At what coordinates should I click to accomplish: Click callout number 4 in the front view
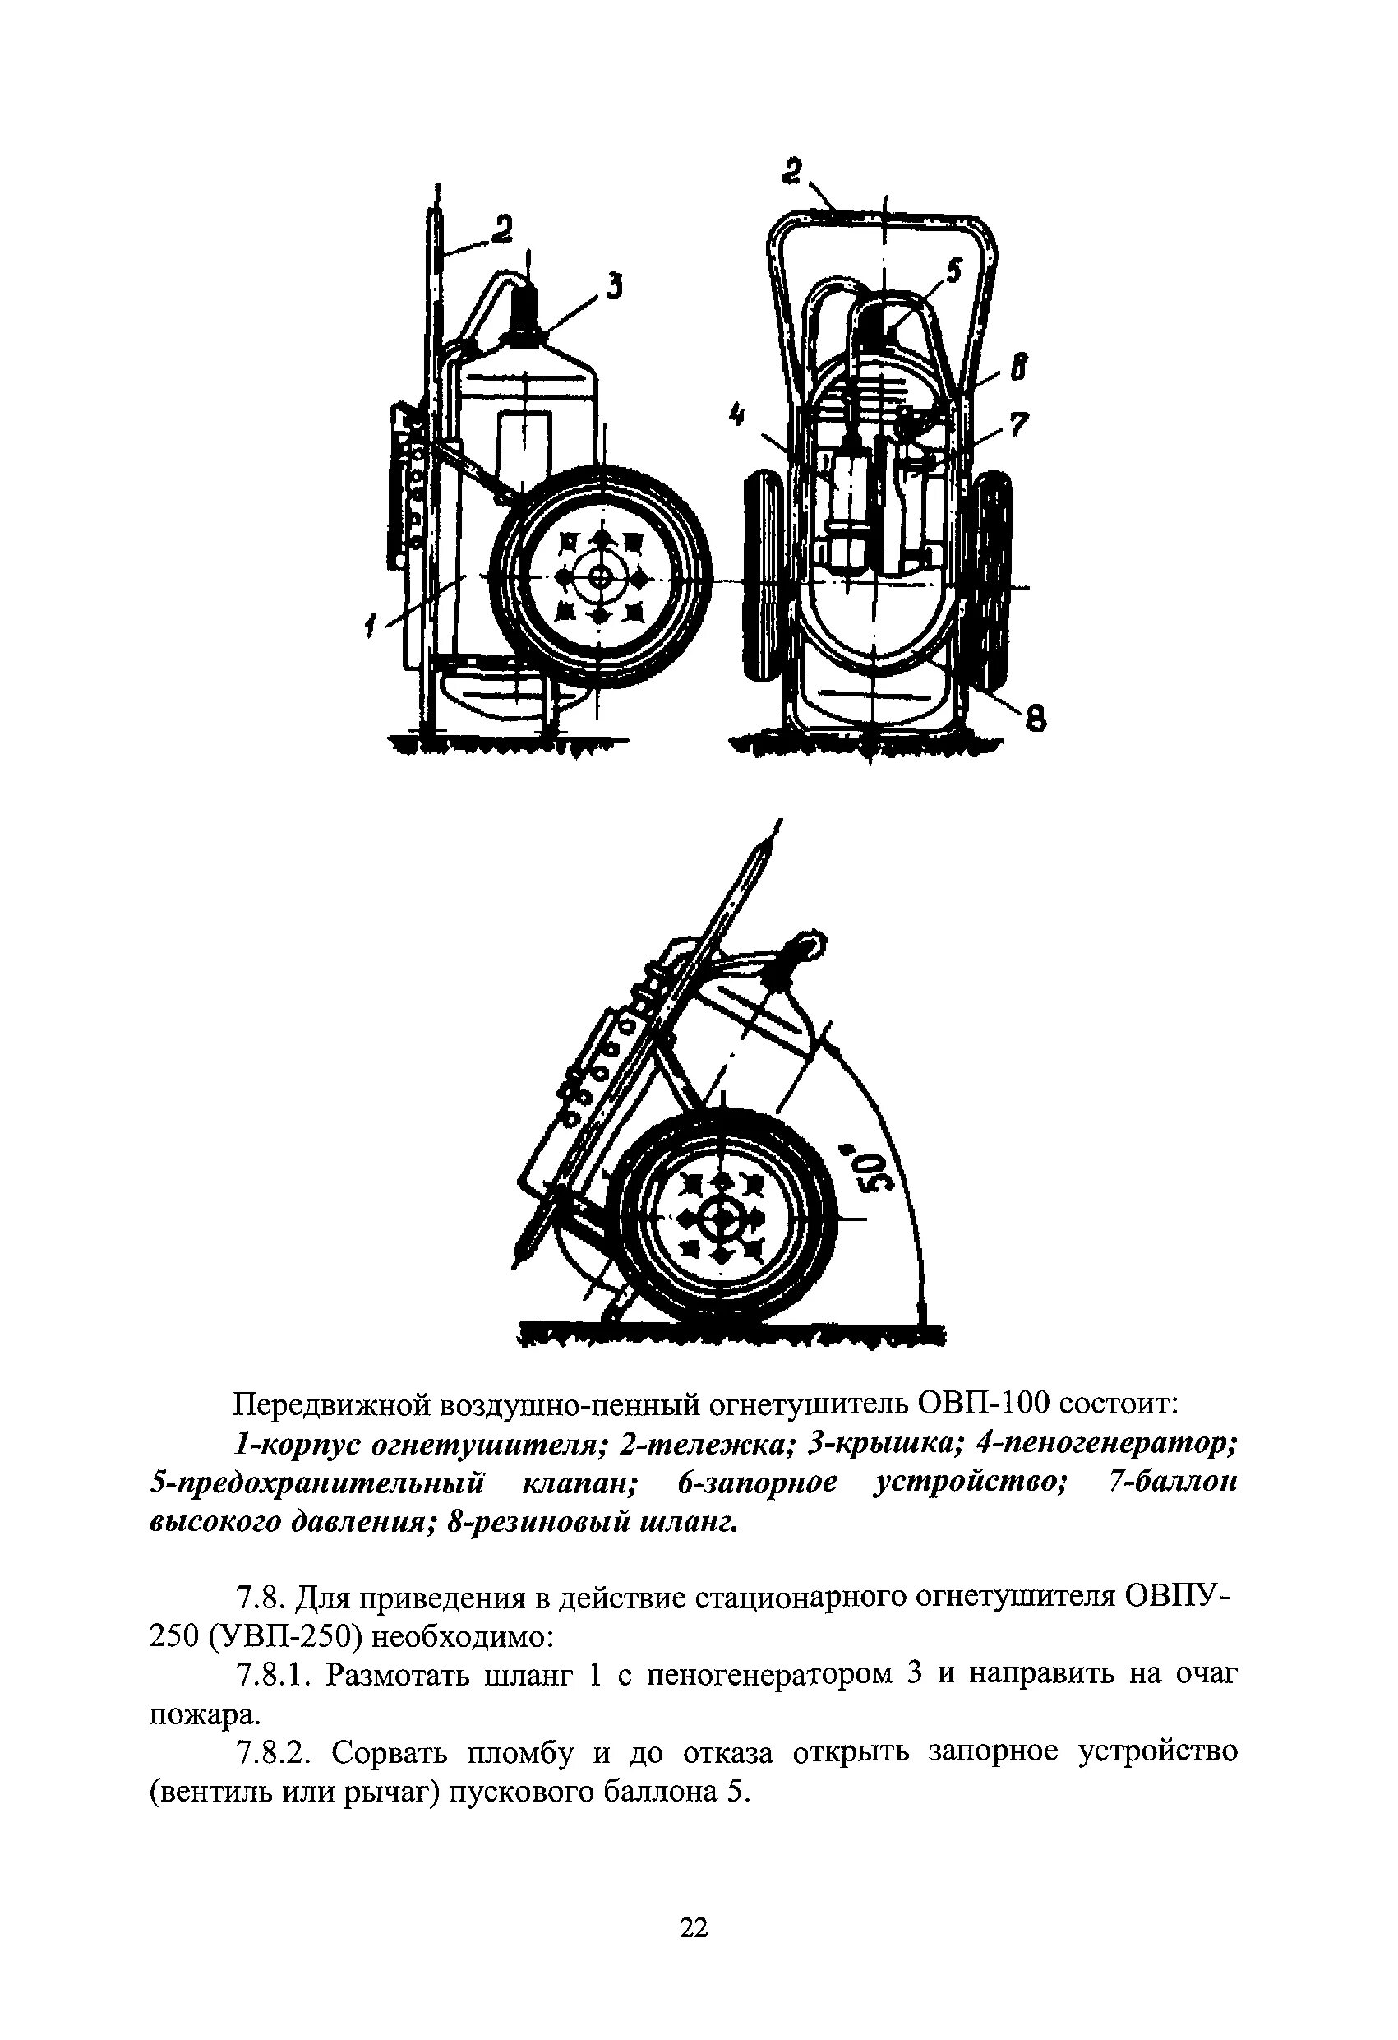tap(740, 412)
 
